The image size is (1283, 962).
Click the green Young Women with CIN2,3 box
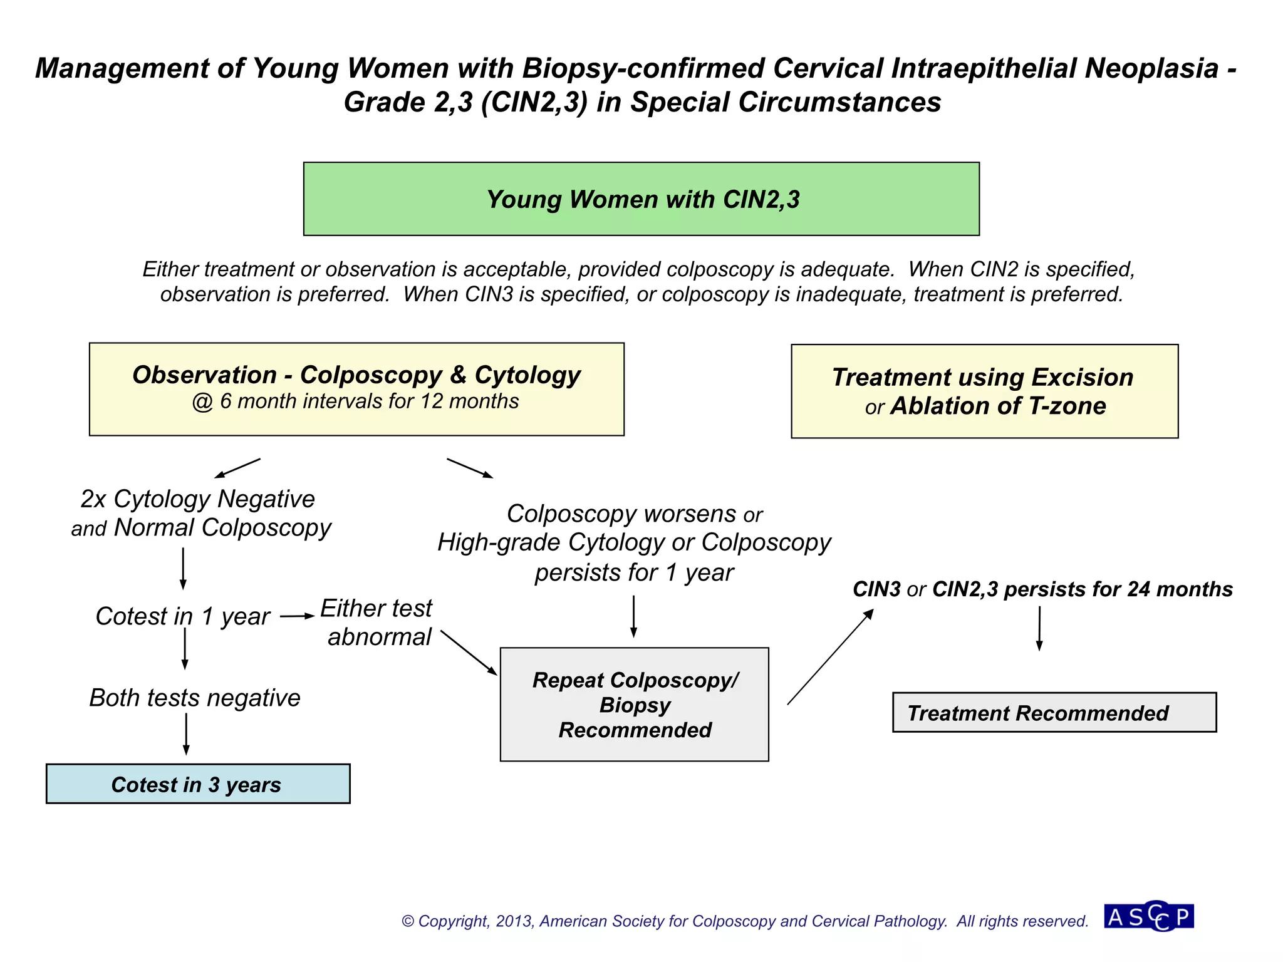tap(641, 199)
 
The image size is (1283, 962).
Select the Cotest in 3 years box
tap(197, 784)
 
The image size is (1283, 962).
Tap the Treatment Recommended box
tap(1054, 713)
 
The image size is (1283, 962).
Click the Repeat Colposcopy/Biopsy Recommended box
tap(634, 705)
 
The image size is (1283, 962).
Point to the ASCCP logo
tap(1148, 917)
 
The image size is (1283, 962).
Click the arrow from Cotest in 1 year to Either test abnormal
tap(296, 616)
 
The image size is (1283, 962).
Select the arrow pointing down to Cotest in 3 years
tap(186, 733)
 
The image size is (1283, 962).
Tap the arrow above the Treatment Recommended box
tap(1039, 628)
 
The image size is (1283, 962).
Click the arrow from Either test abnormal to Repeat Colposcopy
tap(469, 653)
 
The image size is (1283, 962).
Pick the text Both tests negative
tap(195, 698)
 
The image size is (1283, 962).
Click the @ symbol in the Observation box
tap(202, 401)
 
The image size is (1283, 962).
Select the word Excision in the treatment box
tap(1082, 378)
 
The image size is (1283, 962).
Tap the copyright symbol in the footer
tap(408, 921)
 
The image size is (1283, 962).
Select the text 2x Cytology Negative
tap(197, 499)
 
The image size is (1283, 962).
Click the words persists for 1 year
tap(634, 572)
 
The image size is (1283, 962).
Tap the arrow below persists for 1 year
tap(633, 616)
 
